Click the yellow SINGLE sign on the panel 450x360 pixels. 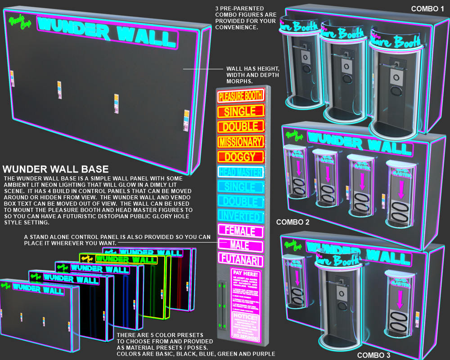[x=240, y=111]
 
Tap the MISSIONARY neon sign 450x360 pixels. [x=240, y=142]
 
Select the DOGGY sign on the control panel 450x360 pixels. [x=240, y=157]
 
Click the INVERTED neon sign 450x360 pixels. [x=240, y=216]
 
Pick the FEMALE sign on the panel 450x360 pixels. [x=240, y=231]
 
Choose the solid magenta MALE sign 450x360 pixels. [x=240, y=245]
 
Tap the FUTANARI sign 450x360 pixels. [x=240, y=259]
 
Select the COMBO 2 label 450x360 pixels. [x=293, y=222]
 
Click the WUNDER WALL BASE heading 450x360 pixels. [x=56, y=170]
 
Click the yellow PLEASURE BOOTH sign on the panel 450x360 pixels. [x=240, y=96]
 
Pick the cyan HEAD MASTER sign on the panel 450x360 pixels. [x=240, y=171]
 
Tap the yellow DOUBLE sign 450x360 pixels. [x=240, y=126]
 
